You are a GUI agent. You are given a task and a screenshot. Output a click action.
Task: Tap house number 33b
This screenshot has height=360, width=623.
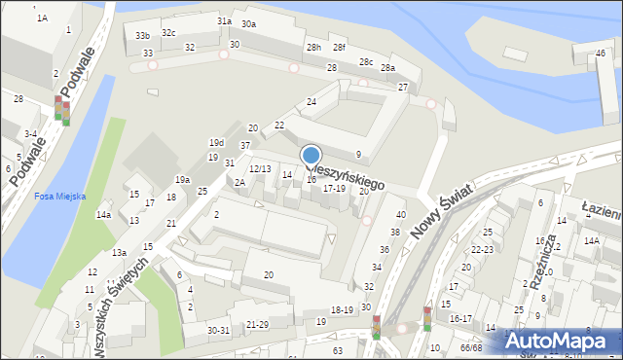click(142, 35)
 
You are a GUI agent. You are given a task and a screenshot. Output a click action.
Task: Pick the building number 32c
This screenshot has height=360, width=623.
click(169, 32)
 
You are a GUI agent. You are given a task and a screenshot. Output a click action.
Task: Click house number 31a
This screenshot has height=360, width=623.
click(224, 20)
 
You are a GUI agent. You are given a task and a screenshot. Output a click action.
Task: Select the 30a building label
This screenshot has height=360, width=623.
click(249, 23)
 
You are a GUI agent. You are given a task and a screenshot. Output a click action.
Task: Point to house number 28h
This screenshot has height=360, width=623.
click(312, 47)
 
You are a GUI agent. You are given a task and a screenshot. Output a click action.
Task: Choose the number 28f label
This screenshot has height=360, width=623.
click(338, 47)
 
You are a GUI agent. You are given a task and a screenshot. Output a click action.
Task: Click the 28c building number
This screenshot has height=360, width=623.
click(365, 61)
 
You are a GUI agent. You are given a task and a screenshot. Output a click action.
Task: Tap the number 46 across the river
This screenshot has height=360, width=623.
click(600, 53)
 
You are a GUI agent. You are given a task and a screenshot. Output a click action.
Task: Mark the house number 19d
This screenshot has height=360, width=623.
click(216, 143)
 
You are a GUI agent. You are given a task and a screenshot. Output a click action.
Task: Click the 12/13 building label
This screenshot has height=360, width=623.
click(260, 169)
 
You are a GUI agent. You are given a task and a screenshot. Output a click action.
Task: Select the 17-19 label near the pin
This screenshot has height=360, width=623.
click(333, 188)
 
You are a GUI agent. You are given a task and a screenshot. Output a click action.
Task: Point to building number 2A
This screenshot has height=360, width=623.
click(239, 182)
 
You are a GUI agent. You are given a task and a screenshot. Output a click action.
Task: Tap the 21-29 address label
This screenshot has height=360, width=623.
click(257, 324)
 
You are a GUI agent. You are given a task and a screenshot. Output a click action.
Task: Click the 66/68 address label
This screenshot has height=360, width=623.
click(471, 347)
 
